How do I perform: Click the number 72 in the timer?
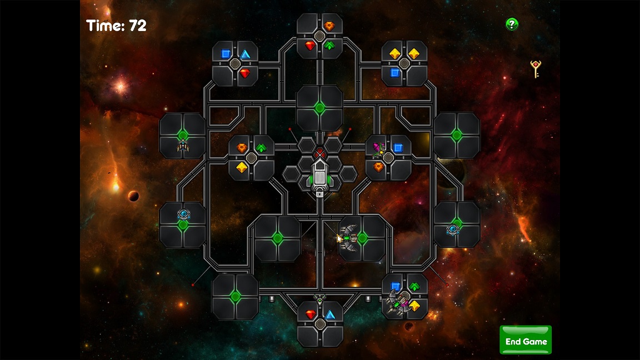138,26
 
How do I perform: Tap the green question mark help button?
512,24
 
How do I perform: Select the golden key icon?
536,69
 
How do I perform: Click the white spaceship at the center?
320,176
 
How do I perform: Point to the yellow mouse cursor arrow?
339,238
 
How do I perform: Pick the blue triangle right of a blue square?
245,54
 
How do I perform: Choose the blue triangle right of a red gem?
330,314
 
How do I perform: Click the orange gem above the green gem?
329,26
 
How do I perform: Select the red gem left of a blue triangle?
311,314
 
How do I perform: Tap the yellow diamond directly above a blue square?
394,53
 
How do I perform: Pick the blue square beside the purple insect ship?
398,148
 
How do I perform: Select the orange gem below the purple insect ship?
379,167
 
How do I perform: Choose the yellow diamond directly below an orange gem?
242,167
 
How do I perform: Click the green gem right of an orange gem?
261,148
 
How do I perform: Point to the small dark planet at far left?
133,196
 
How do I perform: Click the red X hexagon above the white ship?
320,153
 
